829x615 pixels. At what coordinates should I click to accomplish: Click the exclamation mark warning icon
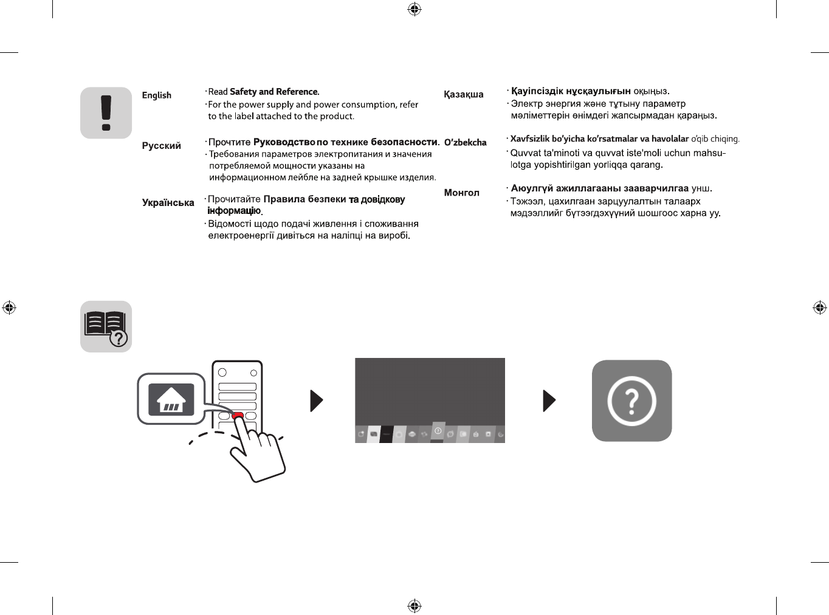pos(106,113)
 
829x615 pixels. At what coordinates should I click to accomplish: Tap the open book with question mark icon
pos(106,326)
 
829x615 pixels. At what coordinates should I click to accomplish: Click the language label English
pos(156,95)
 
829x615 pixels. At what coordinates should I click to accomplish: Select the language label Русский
pos(161,146)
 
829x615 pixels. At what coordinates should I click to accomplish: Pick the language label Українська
pos(168,203)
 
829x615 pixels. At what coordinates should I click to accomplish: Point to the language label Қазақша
pos(463,95)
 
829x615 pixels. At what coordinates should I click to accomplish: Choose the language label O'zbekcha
pos(465,143)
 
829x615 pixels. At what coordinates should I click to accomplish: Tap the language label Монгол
pos(461,193)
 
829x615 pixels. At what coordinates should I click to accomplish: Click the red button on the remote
pos(238,416)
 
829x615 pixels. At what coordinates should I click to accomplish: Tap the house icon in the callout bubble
pos(171,399)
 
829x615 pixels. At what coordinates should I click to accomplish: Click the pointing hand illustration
pos(258,453)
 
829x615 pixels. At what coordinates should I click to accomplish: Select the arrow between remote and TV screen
pos(316,400)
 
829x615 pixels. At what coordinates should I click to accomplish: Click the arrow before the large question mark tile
pos(549,400)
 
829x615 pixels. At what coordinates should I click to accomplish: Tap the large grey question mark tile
pos(631,400)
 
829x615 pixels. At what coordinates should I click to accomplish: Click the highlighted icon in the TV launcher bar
pos(438,431)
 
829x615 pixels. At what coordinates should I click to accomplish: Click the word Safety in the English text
pos(243,92)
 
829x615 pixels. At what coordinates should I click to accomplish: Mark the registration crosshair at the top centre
pos(414,9)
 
